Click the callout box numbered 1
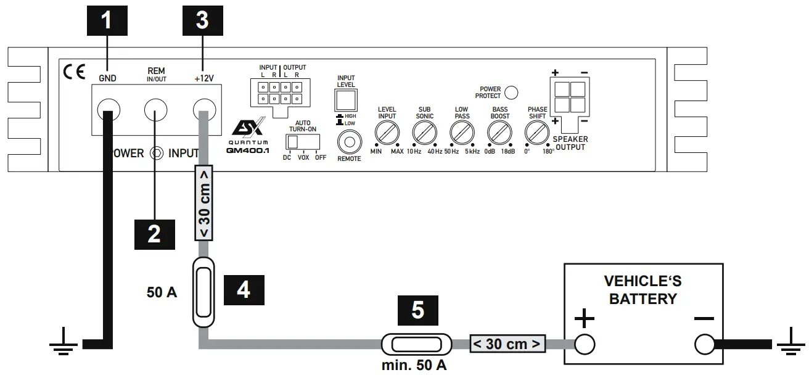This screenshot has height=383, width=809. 107,20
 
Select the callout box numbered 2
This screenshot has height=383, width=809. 154,234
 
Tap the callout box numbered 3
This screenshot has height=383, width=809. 202,20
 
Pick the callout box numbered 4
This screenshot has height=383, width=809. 244,289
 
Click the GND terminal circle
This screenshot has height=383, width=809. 109,111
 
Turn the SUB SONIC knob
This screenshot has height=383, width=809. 424,131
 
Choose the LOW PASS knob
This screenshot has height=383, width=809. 461,131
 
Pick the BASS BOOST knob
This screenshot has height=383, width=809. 499,131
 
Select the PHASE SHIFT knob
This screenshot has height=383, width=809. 536,131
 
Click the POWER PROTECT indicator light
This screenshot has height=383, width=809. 511,93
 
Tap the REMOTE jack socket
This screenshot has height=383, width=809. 349,142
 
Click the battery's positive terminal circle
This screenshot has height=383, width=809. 584,344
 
